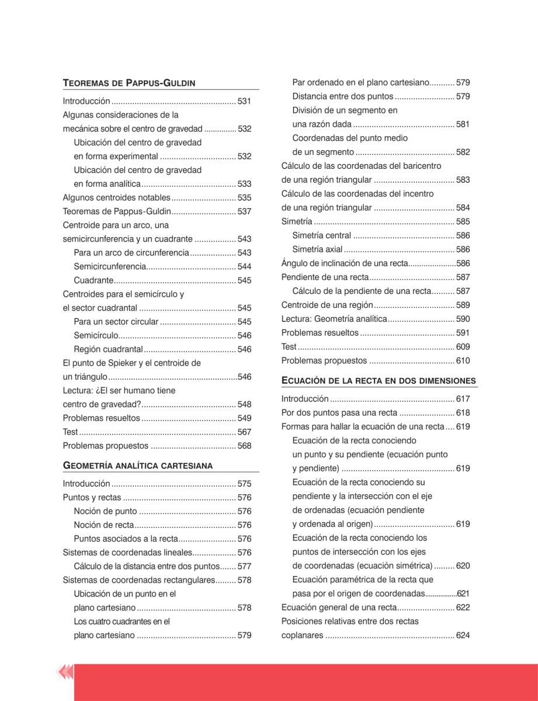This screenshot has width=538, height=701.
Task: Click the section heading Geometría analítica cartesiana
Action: pos(137,465)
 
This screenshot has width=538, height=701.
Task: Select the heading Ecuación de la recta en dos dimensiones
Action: pos(379,381)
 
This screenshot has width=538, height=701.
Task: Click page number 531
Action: pos(244,101)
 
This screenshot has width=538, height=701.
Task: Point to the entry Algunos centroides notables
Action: pos(116,197)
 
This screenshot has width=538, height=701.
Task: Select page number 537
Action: pos(244,211)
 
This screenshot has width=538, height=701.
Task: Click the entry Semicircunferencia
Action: pos(109,266)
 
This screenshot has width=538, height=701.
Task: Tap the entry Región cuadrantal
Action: pos(109,349)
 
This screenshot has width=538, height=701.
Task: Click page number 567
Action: pos(244,432)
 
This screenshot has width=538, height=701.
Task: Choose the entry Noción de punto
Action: pos(105,511)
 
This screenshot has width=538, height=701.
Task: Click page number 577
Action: pos(244,566)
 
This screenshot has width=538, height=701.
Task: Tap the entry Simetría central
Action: pos(321,235)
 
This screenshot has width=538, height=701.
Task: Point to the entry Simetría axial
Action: pos(317,249)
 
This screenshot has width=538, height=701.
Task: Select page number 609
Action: pos(463,346)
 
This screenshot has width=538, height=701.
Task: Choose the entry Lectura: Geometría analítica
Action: pos(334,319)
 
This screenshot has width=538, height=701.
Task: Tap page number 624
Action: pos(463,635)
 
